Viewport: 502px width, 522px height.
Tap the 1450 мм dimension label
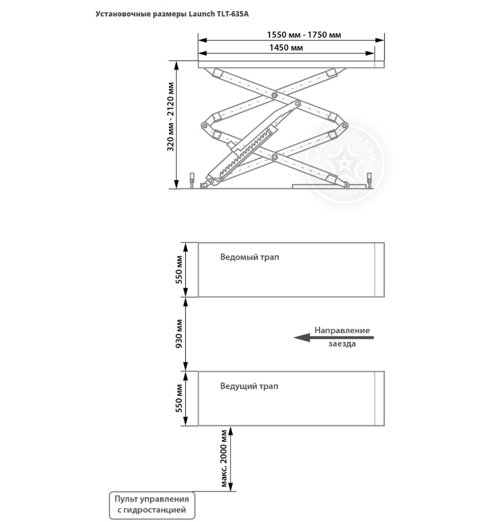point(286,48)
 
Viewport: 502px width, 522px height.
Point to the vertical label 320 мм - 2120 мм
point(171,124)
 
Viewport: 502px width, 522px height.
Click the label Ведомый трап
point(250,257)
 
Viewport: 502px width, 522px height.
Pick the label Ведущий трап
point(250,386)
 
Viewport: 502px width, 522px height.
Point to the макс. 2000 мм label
point(224,459)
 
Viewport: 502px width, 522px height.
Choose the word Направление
point(342,330)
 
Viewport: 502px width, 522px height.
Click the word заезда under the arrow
point(342,344)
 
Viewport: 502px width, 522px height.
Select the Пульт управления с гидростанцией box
point(151,504)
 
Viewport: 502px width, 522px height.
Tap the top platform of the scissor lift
point(291,64)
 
